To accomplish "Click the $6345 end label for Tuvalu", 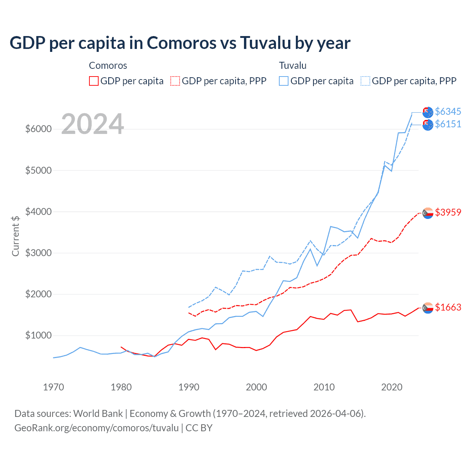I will pos(448,111).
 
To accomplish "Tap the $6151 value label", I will pos(448,124).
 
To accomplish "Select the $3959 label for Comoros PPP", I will pos(448,212).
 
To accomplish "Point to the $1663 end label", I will pos(448,307).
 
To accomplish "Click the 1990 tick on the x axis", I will pos(189,387).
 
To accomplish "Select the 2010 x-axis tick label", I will pos(324,387).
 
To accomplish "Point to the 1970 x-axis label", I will pos(54,387).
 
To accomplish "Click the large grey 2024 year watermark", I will pos(92,124).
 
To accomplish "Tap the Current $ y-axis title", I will pos(15,236).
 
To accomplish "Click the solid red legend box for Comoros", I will pos(94,81).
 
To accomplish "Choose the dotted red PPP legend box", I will pos(175,81).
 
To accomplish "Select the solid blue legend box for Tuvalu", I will pos(284,81).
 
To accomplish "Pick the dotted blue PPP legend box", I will pos(365,81).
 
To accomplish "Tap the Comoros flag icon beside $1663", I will pos(428,308).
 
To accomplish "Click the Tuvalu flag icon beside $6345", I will pos(428,112).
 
